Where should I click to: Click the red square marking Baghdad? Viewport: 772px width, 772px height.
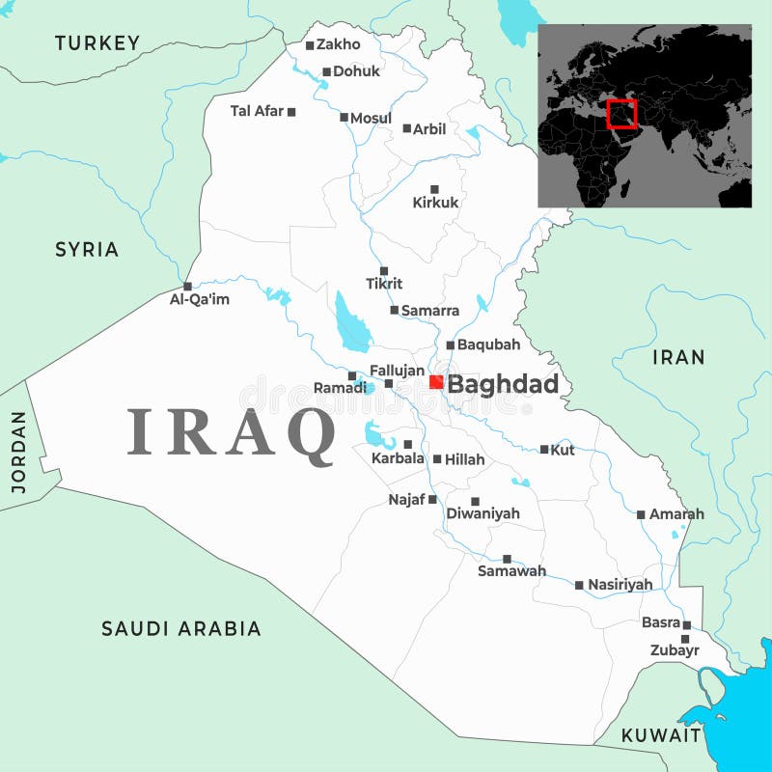[436, 382]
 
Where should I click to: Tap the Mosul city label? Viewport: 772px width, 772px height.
[371, 118]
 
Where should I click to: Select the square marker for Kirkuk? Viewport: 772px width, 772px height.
[434, 189]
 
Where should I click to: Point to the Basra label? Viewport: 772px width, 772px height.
[661, 622]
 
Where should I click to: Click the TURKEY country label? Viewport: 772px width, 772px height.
[97, 42]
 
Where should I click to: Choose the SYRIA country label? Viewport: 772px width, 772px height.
[87, 249]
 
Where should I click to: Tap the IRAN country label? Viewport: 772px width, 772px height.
[678, 357]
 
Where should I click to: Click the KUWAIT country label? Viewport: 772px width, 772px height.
[661, 735]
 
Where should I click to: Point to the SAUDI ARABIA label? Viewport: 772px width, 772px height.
[181, 628]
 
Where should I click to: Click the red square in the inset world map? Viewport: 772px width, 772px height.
[622, 114]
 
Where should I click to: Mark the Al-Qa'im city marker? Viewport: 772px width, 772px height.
[187, 286]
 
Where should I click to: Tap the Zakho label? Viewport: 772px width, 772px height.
[339, 43]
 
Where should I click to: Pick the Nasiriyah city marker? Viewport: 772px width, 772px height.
[579, 585]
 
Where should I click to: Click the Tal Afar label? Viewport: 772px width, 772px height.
[257, 111]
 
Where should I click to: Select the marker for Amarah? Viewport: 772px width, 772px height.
[641, 514]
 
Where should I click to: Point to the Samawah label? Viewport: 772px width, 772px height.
[511, 571]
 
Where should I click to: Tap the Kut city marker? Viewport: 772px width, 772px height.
[544, 449]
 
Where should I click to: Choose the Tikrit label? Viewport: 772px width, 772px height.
[384, 284]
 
